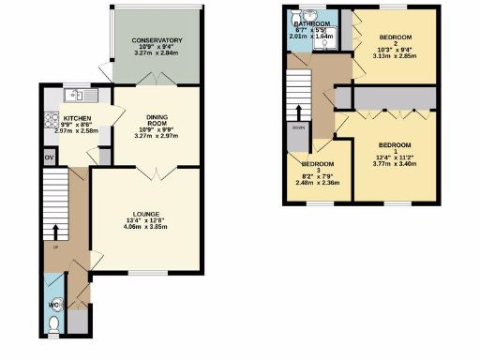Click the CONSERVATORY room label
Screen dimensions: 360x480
(157, 40)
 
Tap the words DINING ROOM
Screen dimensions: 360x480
(157, 120)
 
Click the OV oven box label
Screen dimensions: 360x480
(49, 157)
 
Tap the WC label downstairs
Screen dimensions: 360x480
(52, 304)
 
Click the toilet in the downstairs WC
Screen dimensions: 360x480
(53, 324)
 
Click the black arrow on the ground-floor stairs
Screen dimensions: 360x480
(55, 230)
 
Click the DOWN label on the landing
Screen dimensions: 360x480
(297, 127)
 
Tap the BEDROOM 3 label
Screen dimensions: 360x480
(311, 168)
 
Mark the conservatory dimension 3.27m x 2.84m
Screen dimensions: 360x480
(157, 55)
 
